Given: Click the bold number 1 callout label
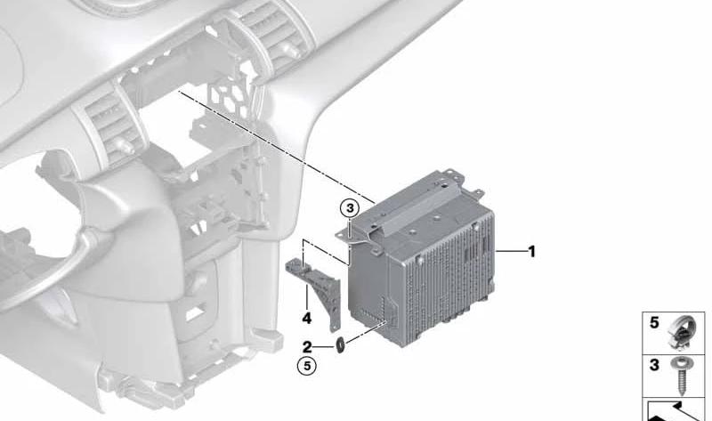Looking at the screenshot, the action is (531, 251).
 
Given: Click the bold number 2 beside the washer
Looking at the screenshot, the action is (307, 347).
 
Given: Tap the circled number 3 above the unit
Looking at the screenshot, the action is (350, 208).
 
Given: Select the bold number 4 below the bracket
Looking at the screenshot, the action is (307, 319).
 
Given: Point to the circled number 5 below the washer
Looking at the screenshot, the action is (307, 366).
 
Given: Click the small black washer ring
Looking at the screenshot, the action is (340, 345).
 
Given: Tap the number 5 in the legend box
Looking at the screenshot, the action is (654, 323).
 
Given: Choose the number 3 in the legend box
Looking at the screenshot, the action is (654, 365).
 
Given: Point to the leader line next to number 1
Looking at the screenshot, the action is (510, 251).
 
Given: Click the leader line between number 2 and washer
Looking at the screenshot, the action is (324, 347).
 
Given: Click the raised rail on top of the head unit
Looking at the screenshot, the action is (413, 202).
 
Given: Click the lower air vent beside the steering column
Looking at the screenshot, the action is (111, 123).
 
